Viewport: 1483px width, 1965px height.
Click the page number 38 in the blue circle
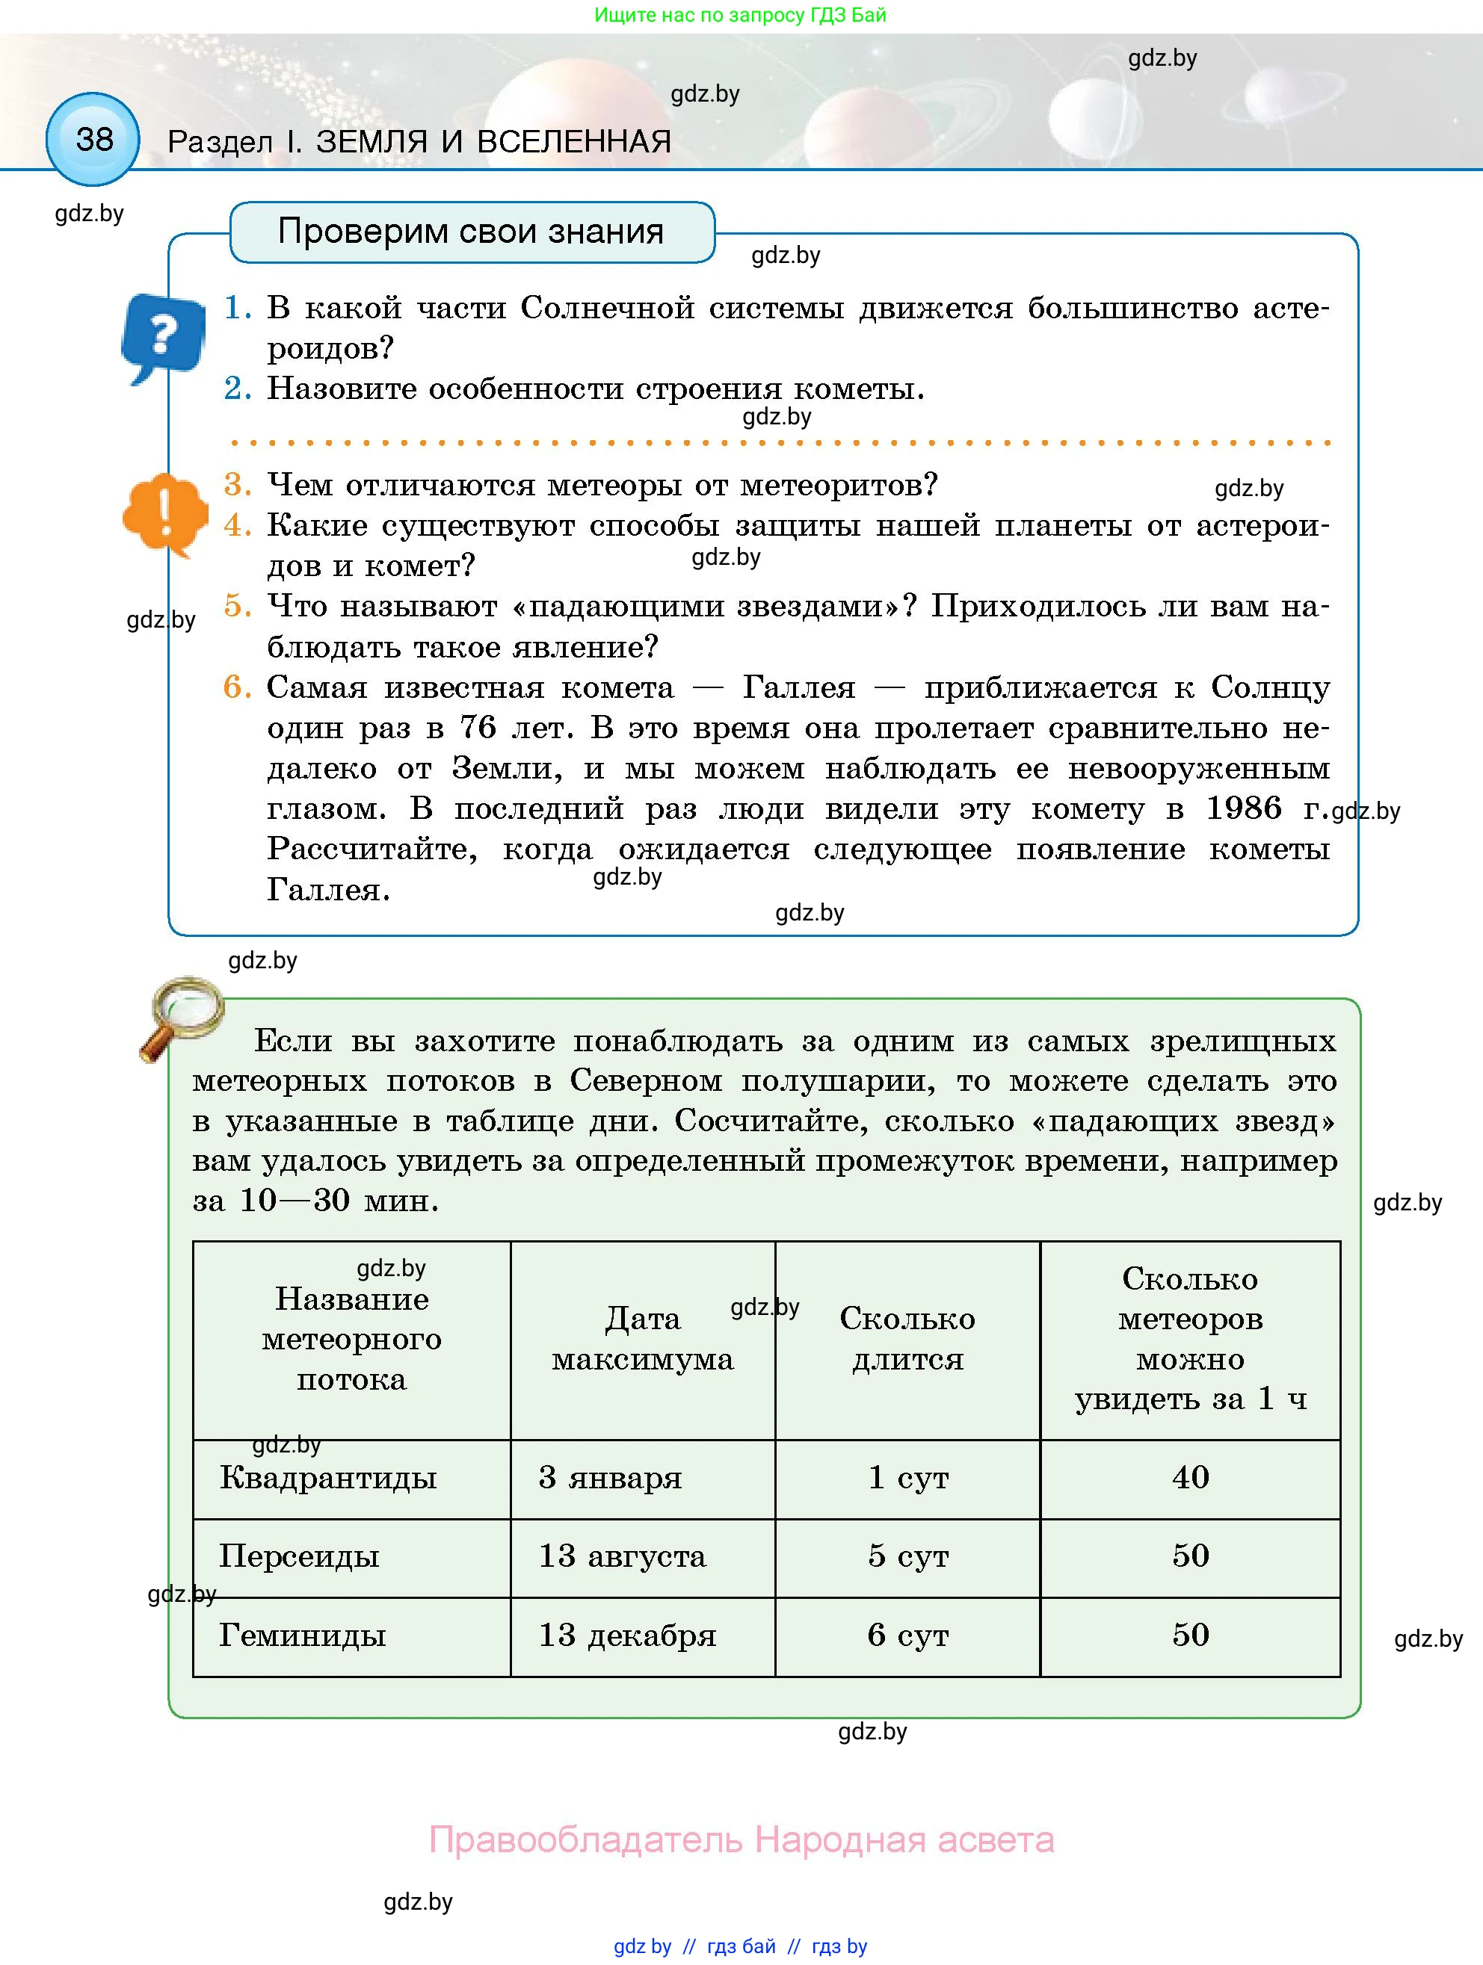click(93, 140)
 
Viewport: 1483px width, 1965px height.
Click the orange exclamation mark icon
click(165, 513)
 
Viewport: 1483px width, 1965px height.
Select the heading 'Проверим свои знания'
click(471, 232)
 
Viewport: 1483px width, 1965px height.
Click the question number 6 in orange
click(237, 687)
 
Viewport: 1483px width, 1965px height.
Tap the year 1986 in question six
click(1243, 808)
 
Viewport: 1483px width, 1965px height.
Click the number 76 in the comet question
click(478, 728)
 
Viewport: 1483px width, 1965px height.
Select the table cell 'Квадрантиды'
click(328, 1477)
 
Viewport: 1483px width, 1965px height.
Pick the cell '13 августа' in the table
click(622, 1556)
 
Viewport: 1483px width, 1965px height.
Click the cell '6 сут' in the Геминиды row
click(907, 1635)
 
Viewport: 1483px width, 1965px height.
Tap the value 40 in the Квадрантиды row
click(1190, 1477)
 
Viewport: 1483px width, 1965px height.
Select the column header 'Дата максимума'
click(642, 1339)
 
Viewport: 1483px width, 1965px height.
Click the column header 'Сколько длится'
click(907, 1339)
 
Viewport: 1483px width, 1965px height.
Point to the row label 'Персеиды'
click(300, 1556)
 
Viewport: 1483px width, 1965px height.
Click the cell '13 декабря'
click(627, 1635)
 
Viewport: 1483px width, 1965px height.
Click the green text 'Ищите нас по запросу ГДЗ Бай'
click(740, 15)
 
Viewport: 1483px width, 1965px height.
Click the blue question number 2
click(237, 389)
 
